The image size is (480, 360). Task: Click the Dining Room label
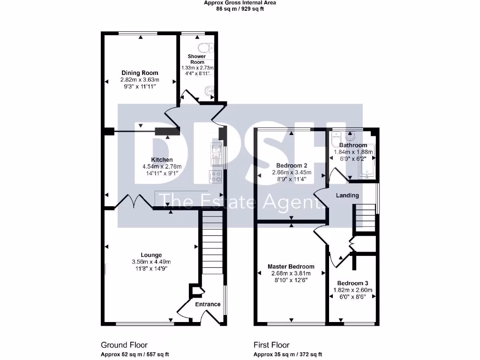tap(140, 73)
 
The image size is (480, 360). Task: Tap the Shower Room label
tap(197, 59)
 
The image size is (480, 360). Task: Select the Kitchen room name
tap(162, 160)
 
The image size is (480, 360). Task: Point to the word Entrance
tap(208, 304)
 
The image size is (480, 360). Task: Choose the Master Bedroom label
tap(291, 266)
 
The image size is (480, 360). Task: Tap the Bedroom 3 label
tap(352, 283)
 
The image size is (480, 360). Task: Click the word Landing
tap(347, 195)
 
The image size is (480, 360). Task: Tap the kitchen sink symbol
tap(216, 155)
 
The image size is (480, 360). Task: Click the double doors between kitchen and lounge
tap(133, 202)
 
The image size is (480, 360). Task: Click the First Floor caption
tap(271, 345)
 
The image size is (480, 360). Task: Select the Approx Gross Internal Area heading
tap(240, 3)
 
